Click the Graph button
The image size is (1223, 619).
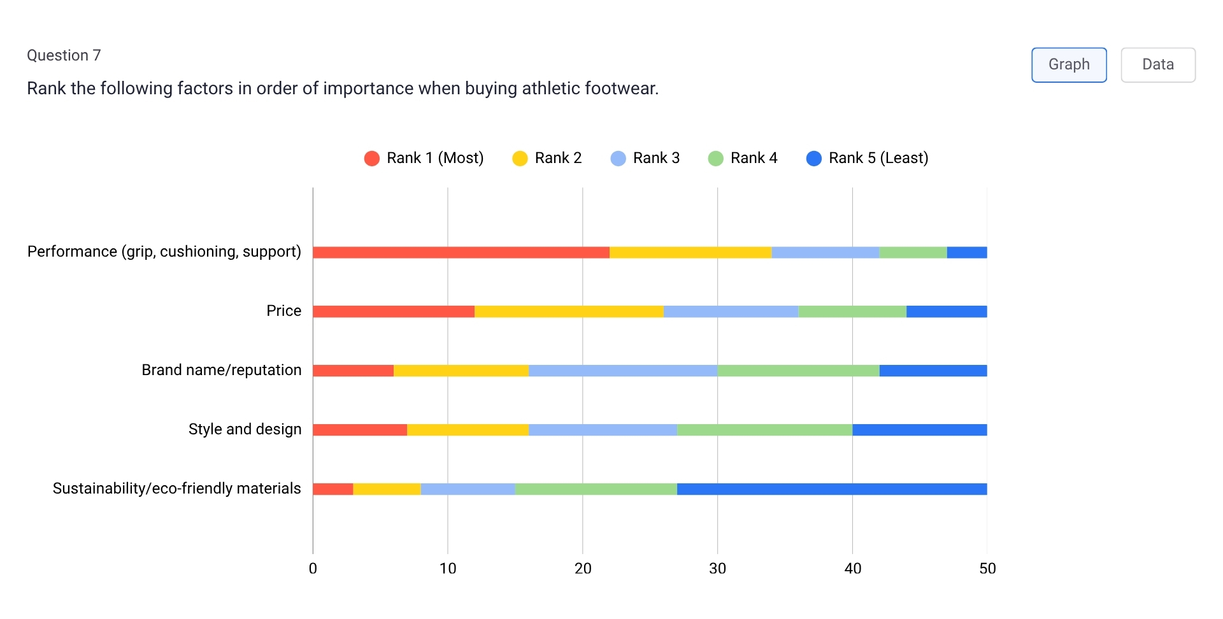coord(1068,64)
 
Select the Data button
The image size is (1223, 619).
coord(1157,64)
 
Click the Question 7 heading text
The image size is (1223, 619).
coord(64,55)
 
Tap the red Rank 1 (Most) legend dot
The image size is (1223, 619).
coord(371,159)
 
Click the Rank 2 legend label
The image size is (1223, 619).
coord(558,158)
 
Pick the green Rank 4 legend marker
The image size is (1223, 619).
coord(715,159)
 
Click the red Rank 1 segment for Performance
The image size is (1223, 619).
coord(461,252)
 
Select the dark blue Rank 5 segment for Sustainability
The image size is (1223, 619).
coord(831,489)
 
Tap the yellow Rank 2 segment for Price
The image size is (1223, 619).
coord(569,311)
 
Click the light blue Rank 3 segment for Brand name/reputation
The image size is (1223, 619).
coord(622,371)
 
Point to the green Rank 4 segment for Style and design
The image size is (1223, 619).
coord(764,430)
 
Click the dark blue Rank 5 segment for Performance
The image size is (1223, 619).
coord(966,252)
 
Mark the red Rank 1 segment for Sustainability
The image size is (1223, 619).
coord(333,489)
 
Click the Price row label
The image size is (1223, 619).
coord(283,311)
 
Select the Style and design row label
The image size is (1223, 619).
coord(245,429)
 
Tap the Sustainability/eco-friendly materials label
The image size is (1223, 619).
coord(176,488)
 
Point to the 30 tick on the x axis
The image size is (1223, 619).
coord(717,569)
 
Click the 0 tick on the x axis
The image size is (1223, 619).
coord(313,569)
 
